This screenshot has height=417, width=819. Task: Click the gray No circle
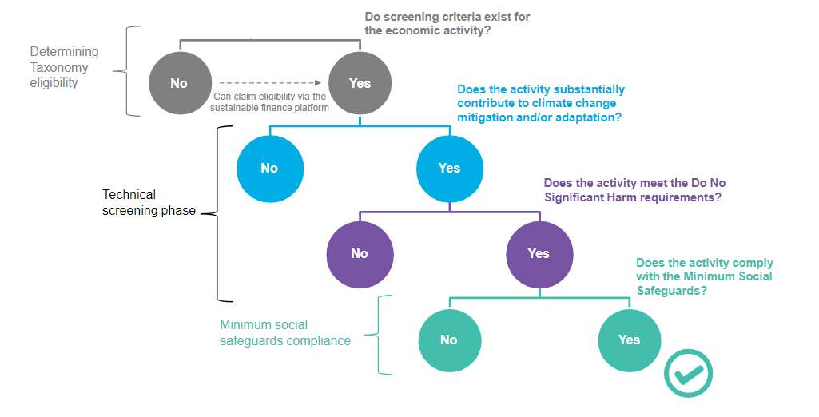click(x=180, y=83)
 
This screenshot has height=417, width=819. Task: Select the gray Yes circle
click(x=360, y=83)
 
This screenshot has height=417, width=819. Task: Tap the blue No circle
click(x=269, y=168)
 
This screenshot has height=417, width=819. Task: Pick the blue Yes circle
click(x=449, y=168)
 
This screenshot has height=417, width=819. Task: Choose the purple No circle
click(x=359, y=253)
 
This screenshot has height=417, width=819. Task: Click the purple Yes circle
click(x=539, y=253)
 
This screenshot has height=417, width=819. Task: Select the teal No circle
click(x=449, y=340)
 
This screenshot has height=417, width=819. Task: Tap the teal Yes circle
click(x=629, y=340)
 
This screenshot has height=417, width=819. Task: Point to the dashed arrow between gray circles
click(x=270, y=82)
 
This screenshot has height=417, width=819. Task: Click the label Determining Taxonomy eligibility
click(x=64, y=67)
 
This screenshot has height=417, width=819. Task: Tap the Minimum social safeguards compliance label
click(x=285, y=332)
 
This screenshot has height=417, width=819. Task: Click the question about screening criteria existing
click(x=447, y=22)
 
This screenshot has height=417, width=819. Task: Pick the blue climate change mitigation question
click(x=541, y=103)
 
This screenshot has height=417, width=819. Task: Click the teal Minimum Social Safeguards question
click(x=705, y=276)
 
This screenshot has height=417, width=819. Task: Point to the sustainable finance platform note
click(x=271, y=102)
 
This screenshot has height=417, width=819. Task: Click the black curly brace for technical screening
click(x=217, y=212)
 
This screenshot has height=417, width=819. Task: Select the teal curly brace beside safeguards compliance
click(x=381, y=335)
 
